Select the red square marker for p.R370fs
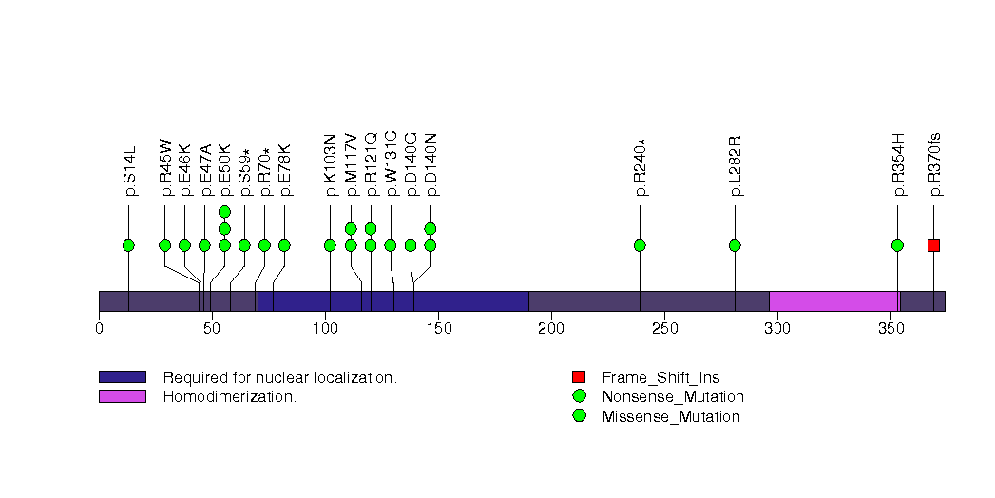tap(933, 245)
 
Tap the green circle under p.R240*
tap(640, 245)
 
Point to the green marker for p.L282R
tap(735, 245)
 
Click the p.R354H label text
tap(898, 165)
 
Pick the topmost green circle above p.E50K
tap(224, 211)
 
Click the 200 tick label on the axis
tap(551, 328)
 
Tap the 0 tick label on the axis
tap(99, 328)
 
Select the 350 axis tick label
tap(890, 328)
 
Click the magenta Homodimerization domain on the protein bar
tap(834, 301)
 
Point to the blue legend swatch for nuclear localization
tap(123, 377)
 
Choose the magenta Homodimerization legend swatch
tap(123, 396)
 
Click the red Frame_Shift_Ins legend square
tap(579, 377)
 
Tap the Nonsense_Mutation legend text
tap(673, 397)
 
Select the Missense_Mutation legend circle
tap(579, 416)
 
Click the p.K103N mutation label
tap(330, 165)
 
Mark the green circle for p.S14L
tap(129, 245)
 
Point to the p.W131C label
tap(391, 163)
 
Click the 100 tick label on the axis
tap(326, 328)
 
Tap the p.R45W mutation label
tap(165, 167)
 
